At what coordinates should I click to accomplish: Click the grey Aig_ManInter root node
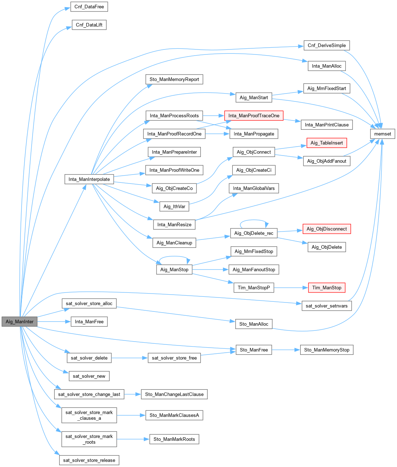[19, 321]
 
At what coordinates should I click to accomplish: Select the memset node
[383, 134]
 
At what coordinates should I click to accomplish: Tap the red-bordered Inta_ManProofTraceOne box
[254, 115]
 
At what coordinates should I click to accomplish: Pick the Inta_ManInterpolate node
[89, 179]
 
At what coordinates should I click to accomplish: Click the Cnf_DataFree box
[89, 7]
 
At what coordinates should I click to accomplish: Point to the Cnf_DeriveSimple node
[326, 46]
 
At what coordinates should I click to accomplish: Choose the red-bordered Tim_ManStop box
[326, 287]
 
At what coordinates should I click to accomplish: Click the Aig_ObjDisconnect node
[326, 229]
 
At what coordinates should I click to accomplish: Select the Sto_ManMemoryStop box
[326, 350]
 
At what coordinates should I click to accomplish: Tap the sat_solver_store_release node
[89, 460]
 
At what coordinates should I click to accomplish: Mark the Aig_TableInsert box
[326, 143]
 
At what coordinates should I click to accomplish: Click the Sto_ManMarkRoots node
[174, 439]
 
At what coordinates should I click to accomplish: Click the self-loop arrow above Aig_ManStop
[174, 257]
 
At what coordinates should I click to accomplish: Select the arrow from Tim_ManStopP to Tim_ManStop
[290, 287]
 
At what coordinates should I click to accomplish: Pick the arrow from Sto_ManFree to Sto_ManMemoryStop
[285, 350]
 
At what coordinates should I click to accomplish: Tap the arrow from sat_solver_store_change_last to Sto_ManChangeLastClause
[132, 394]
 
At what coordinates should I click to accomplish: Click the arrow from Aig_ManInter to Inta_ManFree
[54, 321]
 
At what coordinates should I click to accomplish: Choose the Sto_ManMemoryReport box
[174, 79]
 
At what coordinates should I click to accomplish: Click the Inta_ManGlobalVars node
[254, 188]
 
